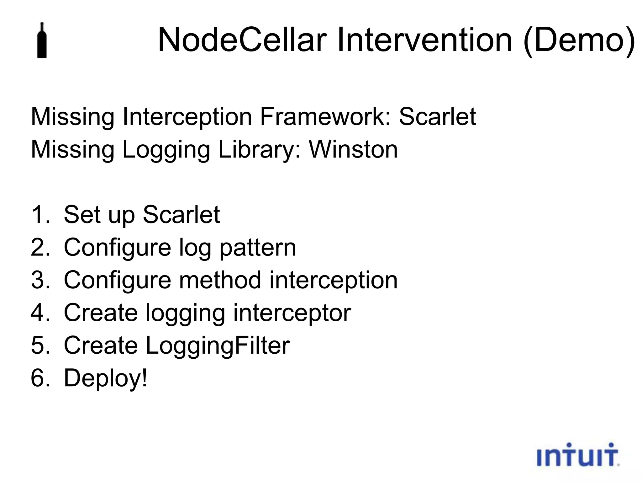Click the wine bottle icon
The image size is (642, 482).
pyautogui.click(x=42, y=41)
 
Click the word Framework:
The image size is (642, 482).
pyautogui.click(x=326, y=117)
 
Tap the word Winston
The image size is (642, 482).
pyautogui.click(x=353, y=149)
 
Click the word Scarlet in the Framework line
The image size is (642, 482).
pyautogui.click(x=437, y=117)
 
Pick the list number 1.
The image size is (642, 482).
pyautogui.click(x=40, y=215)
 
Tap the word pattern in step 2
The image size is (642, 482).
pyautogui.click(x=257, y=248)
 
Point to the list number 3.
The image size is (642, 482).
pyautogui.click(x=40, y=280)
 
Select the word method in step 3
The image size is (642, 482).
pyautogui.click(x=220, y=280)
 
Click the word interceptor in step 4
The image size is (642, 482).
pyautogui.click(x=292, y=313)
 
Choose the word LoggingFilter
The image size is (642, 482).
pyautogui.click(x=218, y=345)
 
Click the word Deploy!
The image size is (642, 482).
pyautogui.click(x=105, y=378)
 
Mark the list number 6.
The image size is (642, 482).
pyautogui.click(x=40, y=378)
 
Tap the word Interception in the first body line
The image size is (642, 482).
pyautogui.click(x=187, y=117)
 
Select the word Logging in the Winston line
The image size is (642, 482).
pyautogui.click(x=166, y=150)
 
